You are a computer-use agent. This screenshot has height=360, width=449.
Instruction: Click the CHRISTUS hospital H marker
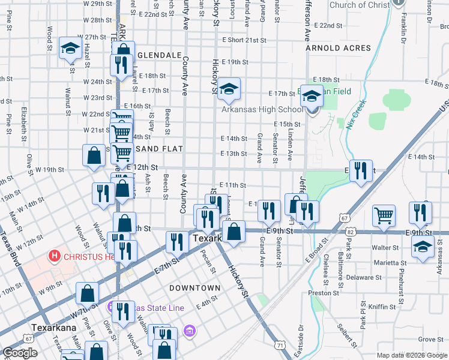coord(55,257)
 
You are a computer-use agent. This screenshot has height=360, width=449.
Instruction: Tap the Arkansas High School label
coord(262,110)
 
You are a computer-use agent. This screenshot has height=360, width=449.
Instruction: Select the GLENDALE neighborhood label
coord(159,55)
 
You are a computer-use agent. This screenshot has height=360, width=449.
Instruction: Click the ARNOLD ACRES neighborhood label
coord(335,47)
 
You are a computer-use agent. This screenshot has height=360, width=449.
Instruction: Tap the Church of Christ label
coord(360,5)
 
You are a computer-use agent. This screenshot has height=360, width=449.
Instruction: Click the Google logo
coord(20,353)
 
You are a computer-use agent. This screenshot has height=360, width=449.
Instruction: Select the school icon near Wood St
coord(70,47)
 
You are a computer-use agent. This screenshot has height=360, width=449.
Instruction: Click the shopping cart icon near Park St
coord(384,214)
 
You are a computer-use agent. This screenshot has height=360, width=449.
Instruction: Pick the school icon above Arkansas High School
coord(228,89)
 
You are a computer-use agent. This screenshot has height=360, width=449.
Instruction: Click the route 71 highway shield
coord(280,345)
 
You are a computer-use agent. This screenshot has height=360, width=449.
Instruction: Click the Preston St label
coord(320,293)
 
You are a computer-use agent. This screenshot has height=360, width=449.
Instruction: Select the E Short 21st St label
coord(243,40)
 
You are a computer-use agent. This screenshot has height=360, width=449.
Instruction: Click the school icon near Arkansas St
coord(423,246)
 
